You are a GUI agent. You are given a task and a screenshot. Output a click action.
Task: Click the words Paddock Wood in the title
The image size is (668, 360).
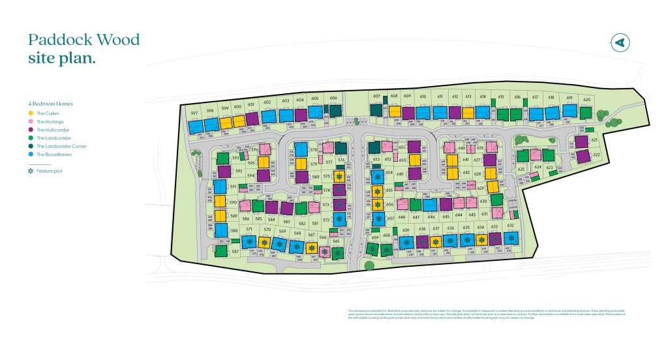[x=84, y=40]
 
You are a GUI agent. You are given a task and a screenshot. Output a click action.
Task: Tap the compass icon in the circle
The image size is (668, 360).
[x=619, y=42]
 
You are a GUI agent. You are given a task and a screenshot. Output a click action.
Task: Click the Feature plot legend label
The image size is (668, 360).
[x=49, y=171]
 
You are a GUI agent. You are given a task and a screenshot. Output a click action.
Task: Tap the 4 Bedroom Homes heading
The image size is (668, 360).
[x=50, y=104]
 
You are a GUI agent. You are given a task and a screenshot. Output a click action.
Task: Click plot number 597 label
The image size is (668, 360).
[x=194, y=112]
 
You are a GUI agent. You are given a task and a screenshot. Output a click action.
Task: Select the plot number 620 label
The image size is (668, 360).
[x=586, y=99]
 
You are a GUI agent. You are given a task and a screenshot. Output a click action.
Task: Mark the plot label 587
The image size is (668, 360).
[x=217, y=251]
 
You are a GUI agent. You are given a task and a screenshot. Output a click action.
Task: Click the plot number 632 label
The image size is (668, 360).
[x=511, y=226]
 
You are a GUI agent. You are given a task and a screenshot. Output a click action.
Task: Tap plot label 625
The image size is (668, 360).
[x=521, y=170]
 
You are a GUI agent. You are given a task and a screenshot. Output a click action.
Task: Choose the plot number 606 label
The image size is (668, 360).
[x=333, y=98]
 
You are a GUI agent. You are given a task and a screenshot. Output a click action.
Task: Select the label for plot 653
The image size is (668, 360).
[x=376, y=159]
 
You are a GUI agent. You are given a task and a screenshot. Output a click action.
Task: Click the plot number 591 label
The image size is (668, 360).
[x=233, y=187]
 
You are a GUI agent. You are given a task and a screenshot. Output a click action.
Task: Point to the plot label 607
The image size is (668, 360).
[x=376, y=97]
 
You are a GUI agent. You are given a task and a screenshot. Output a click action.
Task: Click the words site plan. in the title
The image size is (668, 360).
[x=62, y=58]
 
